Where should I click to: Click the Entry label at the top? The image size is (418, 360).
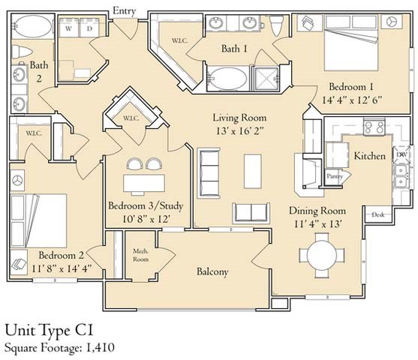pos(125,11)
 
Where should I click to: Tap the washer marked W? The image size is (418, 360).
pos(69,28)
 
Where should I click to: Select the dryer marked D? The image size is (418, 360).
pos(89,28)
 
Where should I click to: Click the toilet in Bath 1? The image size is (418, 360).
pos(276,25)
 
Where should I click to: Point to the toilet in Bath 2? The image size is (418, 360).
pos(22,52)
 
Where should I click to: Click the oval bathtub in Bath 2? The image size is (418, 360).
pos(32,26)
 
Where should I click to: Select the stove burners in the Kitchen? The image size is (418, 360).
pos(374,127)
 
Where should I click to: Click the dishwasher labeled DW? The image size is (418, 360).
pos(401,154)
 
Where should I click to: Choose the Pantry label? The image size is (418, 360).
pos(335,176)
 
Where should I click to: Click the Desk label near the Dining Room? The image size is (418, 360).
pos(377,214)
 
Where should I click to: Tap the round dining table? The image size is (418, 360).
pos(322,255)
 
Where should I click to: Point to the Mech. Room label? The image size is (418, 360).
pos(140,255)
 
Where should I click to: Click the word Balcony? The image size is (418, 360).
pos(212,271)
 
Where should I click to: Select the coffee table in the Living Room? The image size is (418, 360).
pos(252,171)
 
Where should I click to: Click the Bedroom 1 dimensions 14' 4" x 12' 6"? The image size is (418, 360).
pos(352,100)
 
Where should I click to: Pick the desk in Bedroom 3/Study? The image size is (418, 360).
pos(144,183)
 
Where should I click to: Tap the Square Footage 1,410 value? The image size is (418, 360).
pos(100,347)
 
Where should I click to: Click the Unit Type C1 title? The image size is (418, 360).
pos(49,331)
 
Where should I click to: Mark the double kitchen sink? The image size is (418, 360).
pos(401,175)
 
